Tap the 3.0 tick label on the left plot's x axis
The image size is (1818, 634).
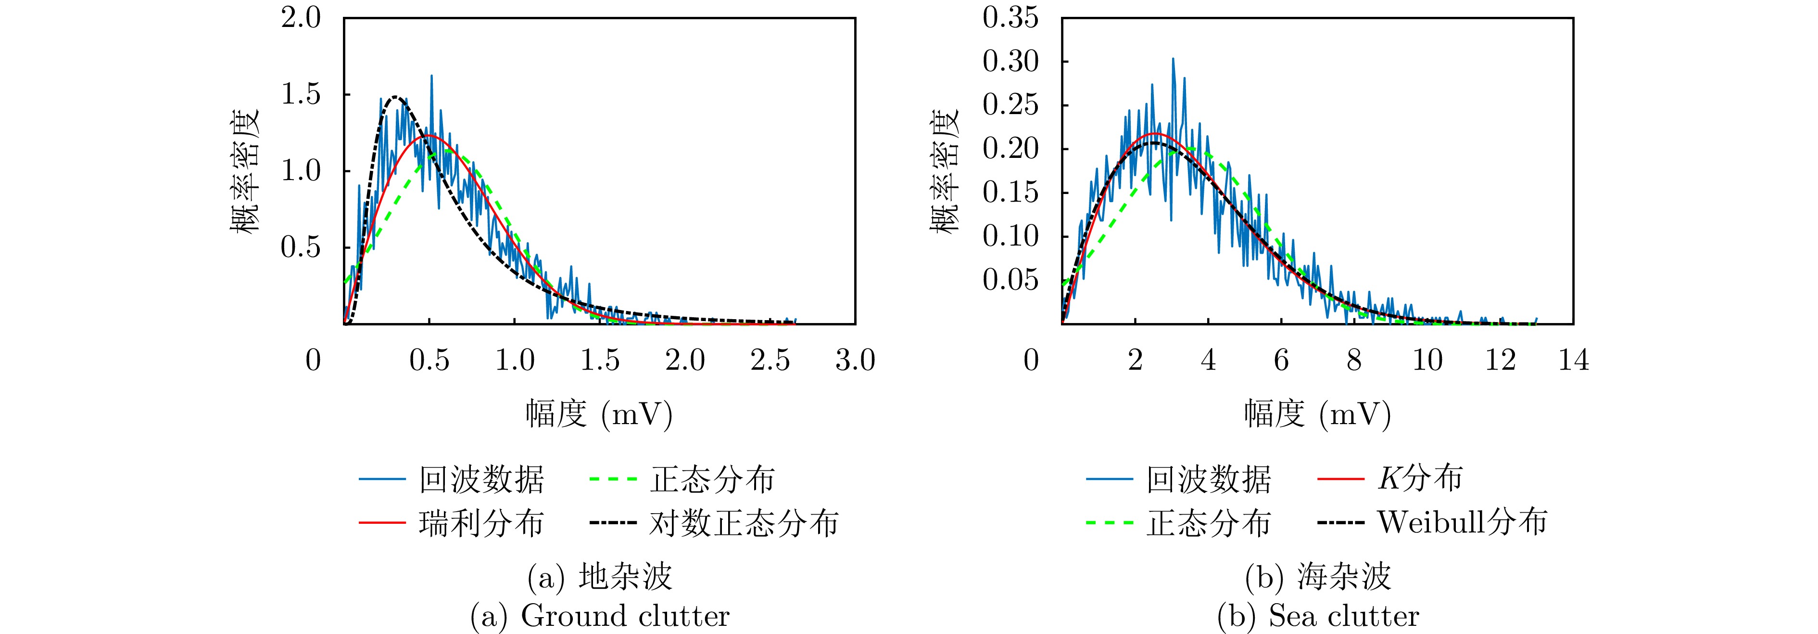[x=855, y=361]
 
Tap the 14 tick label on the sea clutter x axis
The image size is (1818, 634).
[x=1573, y=361]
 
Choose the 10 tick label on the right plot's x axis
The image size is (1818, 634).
[x=1427, y=361]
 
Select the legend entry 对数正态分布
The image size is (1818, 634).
[x=743, y=523]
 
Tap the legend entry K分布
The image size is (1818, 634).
[x=1420, y=479]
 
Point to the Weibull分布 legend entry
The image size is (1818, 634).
[x=1462, y=522]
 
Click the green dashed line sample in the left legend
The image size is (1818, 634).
[x=613, y=479]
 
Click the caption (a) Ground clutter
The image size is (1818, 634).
[x=600, y=616]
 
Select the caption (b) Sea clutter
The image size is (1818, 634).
[x=1318, y=616]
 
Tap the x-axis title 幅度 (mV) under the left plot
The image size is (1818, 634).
[x=598, y=414]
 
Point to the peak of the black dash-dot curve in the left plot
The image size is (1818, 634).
[x=396, y=97]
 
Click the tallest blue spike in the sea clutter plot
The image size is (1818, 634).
[x=1173, y=59]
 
